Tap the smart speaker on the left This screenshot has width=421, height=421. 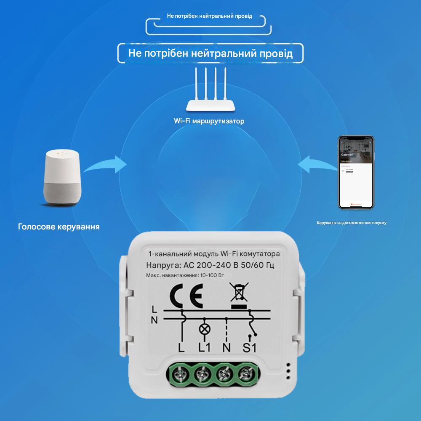[x=62, y=179]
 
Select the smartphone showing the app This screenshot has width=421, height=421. [x=357, y=172]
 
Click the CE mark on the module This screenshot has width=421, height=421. [x=185, y=294]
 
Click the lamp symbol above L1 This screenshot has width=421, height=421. [x=204, y=329]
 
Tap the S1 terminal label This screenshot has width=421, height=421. [x=250, y=349]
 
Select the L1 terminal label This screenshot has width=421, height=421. [x=204, y=349]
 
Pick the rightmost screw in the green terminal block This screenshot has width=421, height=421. [x=245, y=372]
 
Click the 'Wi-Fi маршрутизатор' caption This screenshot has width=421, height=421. [x=209, y=121]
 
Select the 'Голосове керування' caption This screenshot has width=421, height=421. [x=59, y=227]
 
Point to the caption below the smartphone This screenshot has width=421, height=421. [x=352, y=222]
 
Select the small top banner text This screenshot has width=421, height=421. [x=210, y=16]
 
